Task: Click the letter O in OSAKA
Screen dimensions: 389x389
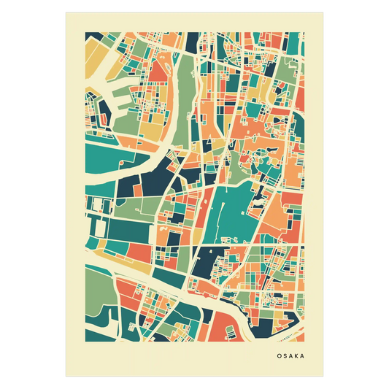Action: [x=279, y=357]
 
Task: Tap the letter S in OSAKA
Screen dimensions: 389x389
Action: [x=285, y=357]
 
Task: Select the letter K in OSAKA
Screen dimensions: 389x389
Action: [x=298, y=357]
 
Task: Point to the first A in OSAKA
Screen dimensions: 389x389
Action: [x=291, y=357]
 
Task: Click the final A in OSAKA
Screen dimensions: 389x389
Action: [x=304, y=357]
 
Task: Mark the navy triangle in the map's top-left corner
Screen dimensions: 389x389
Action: [x=93, y=37]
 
